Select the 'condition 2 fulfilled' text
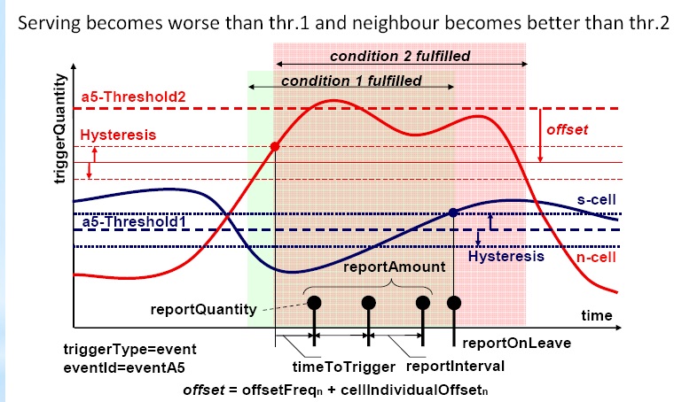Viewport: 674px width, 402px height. pos(400,57)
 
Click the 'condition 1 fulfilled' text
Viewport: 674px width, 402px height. pos(350,81)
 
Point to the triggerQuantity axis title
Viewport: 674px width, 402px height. pos(60,129)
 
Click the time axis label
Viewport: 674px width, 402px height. pos(596,315)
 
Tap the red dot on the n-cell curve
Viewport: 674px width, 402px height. pos(276,146)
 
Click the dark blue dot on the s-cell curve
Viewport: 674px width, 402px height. pos(453,213)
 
